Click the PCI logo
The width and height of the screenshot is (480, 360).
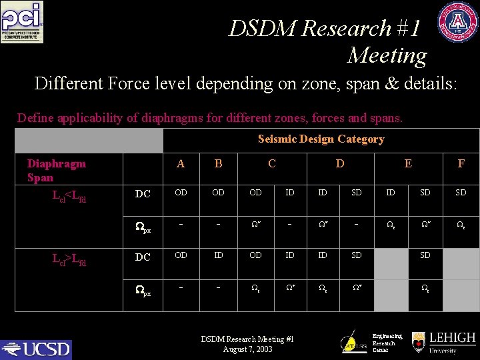pyautogui.click(x=21, y=22)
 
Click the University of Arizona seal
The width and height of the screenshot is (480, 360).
pyautogui.click(x=457, y=22)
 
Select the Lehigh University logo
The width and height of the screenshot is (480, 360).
pyautogui.click(x=443, y=342)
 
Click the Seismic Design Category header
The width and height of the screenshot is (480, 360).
pyautogui.click(x=321, y=139)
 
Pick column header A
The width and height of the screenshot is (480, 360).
pyautogui.click(x=181, y=163)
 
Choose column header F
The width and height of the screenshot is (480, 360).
pyautogui.click(x=461, y=163)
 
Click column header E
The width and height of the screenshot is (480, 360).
pyautogui.click(x=408, y=163)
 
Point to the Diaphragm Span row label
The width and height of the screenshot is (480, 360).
pyautogui.click(x=57, y=170)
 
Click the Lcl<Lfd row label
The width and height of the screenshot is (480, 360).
pyautogui.click(x=69, y=196)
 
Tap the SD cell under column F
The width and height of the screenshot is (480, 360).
pyautogui.click(x=461, y=193)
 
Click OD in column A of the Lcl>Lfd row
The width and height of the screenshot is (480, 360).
pyautogui.click(x=181, y=255)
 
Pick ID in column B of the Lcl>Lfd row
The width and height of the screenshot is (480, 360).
pyautogui.click(x=218, y=255)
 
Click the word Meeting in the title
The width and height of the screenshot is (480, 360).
pyautogui.click(x=387, y=55)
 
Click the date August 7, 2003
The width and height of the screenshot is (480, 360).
pyautogui.click(x=248, y=349)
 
